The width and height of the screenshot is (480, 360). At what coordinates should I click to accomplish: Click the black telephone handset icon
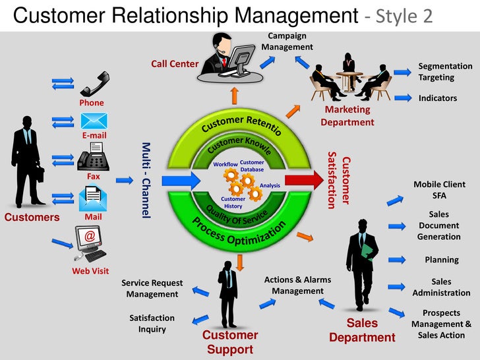tap(94, 86)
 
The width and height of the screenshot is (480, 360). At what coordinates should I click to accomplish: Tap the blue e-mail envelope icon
tap(94, 121)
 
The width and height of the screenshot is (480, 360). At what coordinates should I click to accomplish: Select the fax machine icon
tap(93, 160)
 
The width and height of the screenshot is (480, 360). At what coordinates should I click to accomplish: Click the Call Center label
tap(175, 64)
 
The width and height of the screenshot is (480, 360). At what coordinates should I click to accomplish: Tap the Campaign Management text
tap(287, 41)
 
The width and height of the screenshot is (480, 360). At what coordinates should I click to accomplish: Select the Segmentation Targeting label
tap(445, 71)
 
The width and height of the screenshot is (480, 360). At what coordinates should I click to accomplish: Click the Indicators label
tap(437, 98)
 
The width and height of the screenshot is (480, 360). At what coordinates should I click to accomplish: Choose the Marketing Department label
tap(347, 115)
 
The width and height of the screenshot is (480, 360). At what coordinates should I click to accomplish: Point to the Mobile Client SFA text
tap(439, 190)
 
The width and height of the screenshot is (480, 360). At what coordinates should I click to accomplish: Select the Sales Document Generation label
tap(438, 225)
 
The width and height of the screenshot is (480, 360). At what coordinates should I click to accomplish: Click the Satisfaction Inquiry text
tap(152, 323)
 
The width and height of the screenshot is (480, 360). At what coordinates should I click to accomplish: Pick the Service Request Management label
tap(152, 289)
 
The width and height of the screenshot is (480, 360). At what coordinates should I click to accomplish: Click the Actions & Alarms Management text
tap(297, 285)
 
